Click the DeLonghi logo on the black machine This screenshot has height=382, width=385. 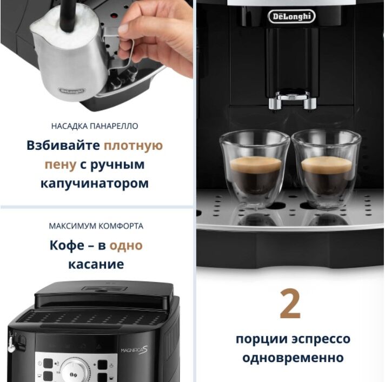click(291, 16)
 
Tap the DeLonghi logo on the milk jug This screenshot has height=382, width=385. click(72, 91)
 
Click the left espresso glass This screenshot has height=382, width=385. click(255, 170)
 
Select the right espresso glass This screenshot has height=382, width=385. click(326, 169)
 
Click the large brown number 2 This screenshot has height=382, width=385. click(290, 304)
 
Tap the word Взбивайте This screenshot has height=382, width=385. click(63, 145)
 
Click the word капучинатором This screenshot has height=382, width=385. click(95, 183)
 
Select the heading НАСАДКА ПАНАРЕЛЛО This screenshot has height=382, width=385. click(95, 126)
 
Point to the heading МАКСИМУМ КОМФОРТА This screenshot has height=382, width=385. click(96, 226)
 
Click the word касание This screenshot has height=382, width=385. click(96, 265)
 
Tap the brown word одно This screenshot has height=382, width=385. click(126, 246)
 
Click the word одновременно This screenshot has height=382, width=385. click(293, 358)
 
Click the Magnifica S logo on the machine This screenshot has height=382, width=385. click(134, 350)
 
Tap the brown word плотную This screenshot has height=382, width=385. click(134, 146)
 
